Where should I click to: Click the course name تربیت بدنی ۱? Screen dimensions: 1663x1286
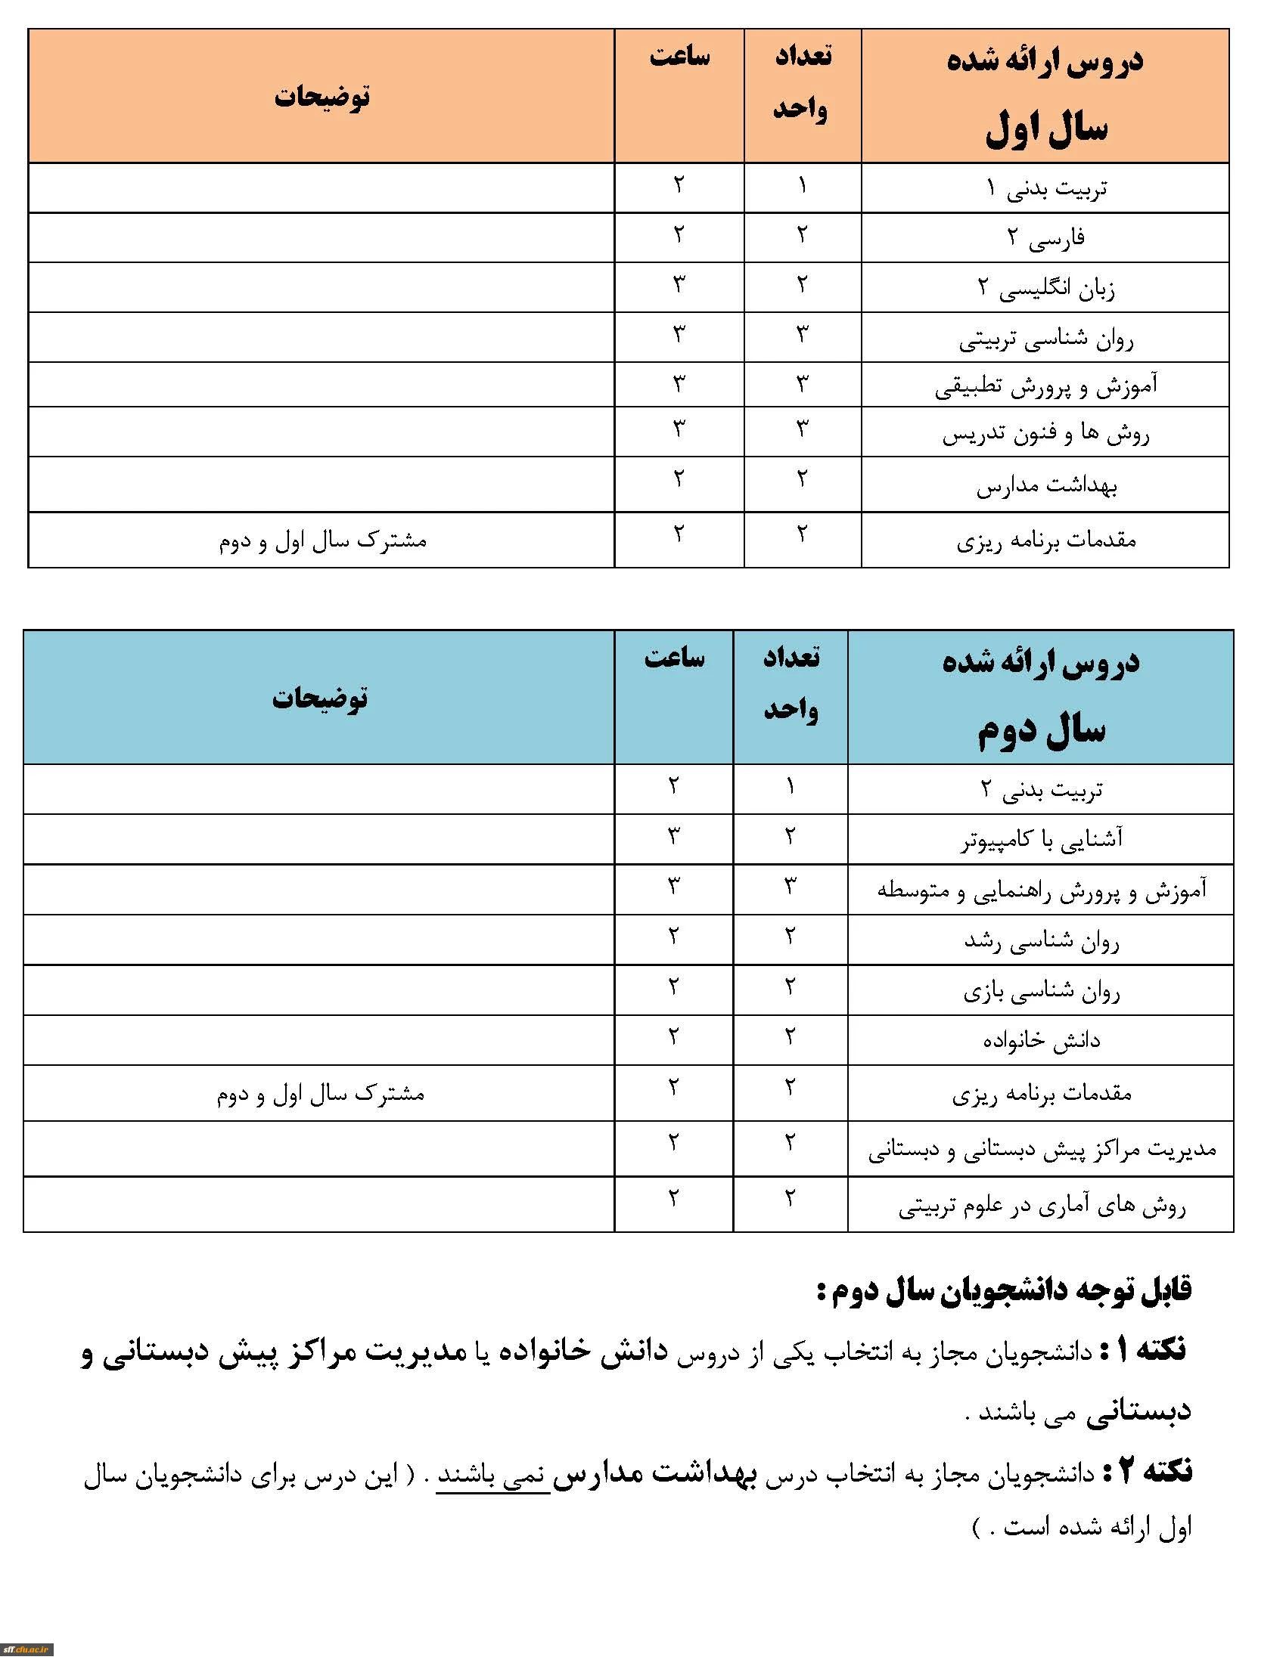click(x=1046, y=187)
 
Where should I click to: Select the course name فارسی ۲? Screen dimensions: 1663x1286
click(x=1046, y=237)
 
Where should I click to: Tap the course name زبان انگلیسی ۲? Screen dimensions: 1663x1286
click(x=1046, y=288)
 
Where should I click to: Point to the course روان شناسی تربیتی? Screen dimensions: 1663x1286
click(x=1046, y=338)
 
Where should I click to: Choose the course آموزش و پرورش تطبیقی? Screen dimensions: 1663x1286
click(x=1046, y=386)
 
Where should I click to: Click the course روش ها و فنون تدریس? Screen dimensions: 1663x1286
click(x=1046, y=433)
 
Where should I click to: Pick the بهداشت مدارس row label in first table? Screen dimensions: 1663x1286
click(x=1046, y=485)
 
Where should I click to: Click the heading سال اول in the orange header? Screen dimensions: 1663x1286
click(x=1046, y=128)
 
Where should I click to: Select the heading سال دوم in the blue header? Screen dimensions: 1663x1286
click(x=1041, y=729)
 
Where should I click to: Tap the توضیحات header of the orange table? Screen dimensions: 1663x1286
click(x=321, y=97)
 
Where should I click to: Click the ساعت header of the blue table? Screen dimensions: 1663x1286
click(x=674, y=656)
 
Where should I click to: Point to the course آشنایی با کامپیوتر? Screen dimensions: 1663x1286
click(x=1041, y=839)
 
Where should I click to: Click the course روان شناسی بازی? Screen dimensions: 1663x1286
click(x=1041, y=991)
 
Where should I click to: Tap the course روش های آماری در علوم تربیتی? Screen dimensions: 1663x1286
click(x=1041, y=1206)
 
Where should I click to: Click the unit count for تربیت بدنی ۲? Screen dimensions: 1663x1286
click(x=790, y=787)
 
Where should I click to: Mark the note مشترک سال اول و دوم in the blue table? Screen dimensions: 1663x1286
click(x=321, y=1094)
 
